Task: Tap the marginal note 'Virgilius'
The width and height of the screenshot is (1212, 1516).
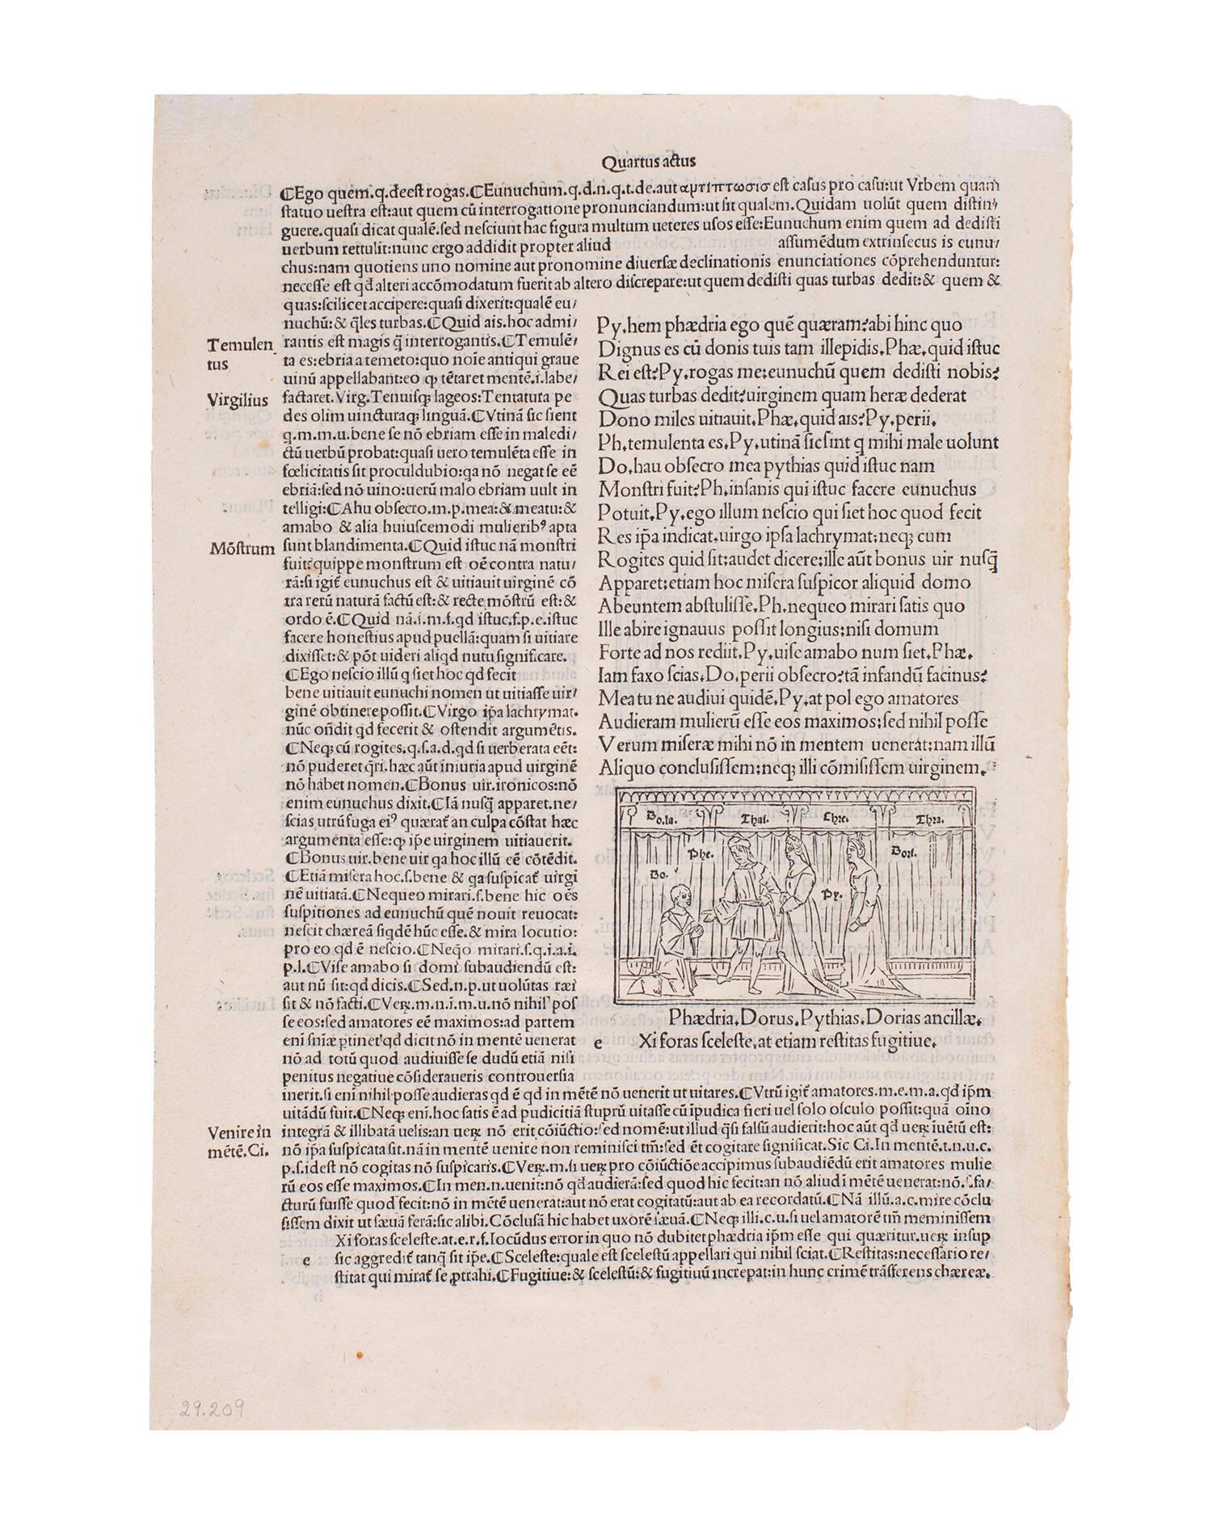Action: pyautogui.click(x=238, y=399)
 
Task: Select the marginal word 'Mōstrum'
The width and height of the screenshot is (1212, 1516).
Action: pyautogui.click(x=241, y=548)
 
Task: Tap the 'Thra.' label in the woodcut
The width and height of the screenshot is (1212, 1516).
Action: pyautogui.click(x=928, y=819)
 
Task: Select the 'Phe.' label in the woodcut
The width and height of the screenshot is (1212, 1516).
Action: pyautogui.click(x=698, y=853)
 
